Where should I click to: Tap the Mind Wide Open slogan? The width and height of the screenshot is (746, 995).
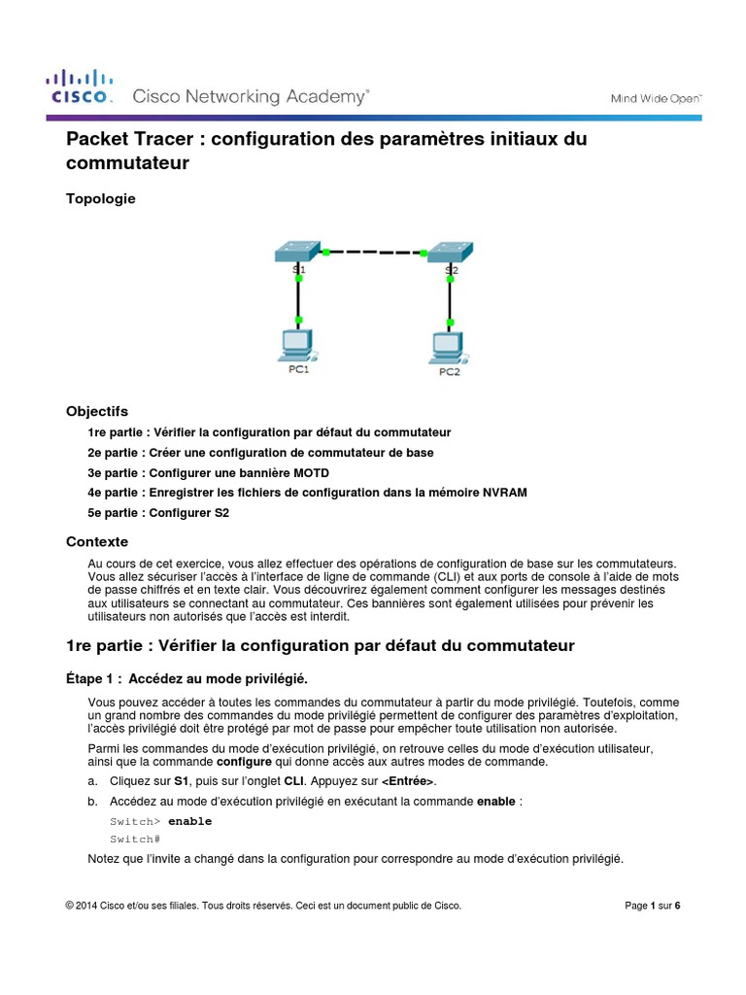coord(655,98)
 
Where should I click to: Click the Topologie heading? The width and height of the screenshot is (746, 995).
coord(101,198)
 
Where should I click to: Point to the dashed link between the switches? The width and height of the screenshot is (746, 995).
coord(375,252)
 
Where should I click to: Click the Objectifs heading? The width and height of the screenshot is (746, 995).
coord(96,411)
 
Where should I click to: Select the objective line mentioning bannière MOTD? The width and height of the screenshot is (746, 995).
coord(208,472)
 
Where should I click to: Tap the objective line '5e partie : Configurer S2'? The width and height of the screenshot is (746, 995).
coord(157,512)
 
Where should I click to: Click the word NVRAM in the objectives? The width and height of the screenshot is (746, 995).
coord(506,493)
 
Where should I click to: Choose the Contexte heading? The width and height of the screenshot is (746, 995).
coord(96,541)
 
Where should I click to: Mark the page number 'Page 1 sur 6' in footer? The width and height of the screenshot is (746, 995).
coord(652,906)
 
